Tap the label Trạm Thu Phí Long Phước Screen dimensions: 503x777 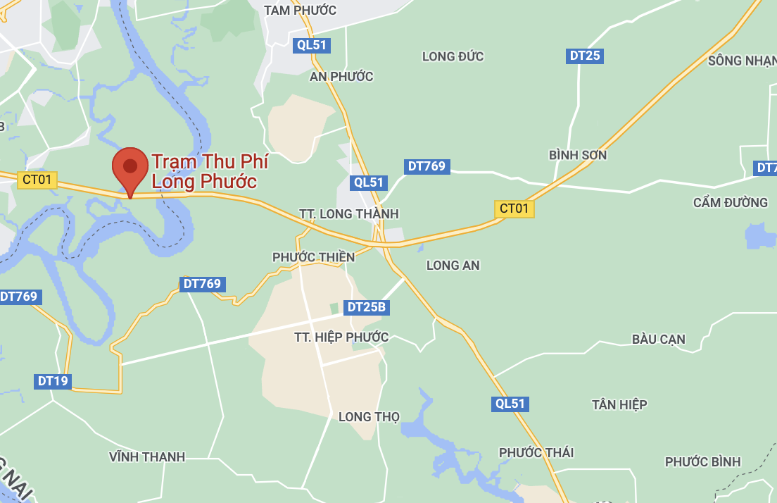click(x=210, y=171)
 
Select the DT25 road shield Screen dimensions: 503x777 click(x=584, y=56)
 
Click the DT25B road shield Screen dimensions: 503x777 click(x=367, y=307)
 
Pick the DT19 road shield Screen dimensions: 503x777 click(x=53, y=381)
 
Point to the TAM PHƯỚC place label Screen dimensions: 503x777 click(x=300, y=11)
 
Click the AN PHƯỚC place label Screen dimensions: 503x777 click(x=341, y=76)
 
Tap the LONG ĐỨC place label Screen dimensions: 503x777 click(x=453, y=56)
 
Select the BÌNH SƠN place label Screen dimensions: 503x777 click(x=577, y=154)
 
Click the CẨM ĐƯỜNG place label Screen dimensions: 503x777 click(x=730, y=202)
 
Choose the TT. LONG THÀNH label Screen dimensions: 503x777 click(x=348, y=213)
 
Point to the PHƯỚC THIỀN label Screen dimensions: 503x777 click(x=313, y=257)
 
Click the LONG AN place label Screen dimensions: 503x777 click(x=453, y=265)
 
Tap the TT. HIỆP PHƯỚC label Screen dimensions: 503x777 click(x=341, y=337)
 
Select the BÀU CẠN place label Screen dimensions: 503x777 click(x=658, y=340)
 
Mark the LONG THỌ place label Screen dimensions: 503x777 click(x=369, y=416)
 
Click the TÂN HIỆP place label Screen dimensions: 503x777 click(x=619, y=404)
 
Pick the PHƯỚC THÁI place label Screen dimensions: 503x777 click(x=536, y=452)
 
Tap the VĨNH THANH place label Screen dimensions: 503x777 click(x=147, y=457)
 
